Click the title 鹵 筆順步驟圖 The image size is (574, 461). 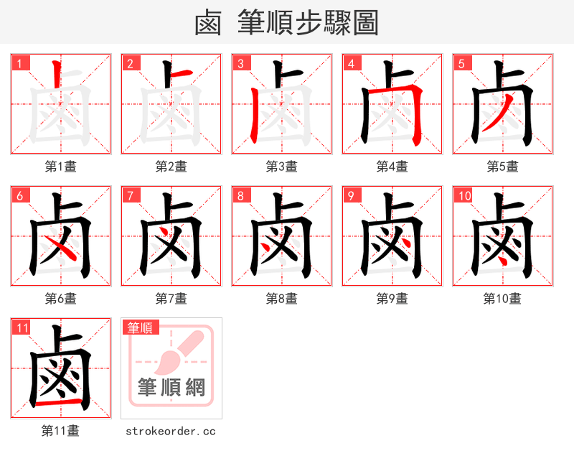point(286,23)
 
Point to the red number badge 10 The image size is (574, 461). point(464,195)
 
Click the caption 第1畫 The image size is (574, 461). point(61,166)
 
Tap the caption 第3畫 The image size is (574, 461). point(281,166)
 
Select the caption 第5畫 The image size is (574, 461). point(502,166)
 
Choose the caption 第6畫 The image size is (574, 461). point(61,298)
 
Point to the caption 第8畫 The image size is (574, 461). point(281,298)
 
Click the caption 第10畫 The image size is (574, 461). point(502,298)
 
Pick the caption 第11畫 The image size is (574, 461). point(61,431)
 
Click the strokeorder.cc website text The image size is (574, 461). point(171,431)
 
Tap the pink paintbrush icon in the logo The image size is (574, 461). point(179,352)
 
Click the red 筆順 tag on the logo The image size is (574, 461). point(140,327)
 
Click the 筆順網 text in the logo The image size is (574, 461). point(171,388)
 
